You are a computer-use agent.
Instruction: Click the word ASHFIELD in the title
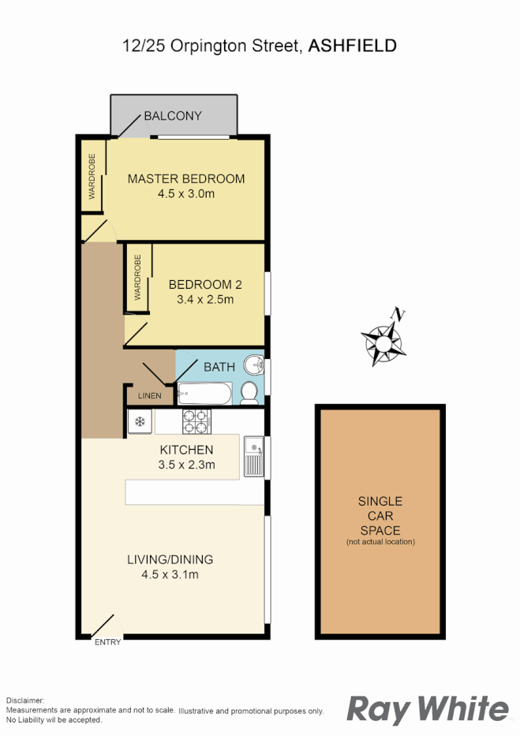tap(352, 46)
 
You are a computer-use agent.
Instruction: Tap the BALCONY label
tap(172, 116)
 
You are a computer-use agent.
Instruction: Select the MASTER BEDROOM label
tap(186, 178)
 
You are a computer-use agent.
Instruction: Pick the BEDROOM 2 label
tap(205, 284)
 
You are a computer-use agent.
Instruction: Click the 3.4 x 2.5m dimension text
tap(205, 300)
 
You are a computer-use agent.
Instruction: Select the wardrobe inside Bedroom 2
tap(137, 278)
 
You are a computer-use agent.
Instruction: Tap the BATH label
tap(219, 367)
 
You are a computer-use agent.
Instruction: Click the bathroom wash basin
tap(253, 366)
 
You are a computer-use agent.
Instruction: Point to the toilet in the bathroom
tap(249, 392)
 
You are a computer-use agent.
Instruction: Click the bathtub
tap(204, 394)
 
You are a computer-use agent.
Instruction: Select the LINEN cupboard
tap(149, 395)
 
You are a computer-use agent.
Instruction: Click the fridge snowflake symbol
tap(140, 421)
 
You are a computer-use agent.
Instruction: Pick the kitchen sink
tap(253, 457)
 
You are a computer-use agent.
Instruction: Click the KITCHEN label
tap(187, 450)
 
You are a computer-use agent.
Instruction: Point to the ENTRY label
tap(108, 642)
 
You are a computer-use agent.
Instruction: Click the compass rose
tap(383, 341)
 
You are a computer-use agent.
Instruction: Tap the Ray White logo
tap(428, 708)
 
